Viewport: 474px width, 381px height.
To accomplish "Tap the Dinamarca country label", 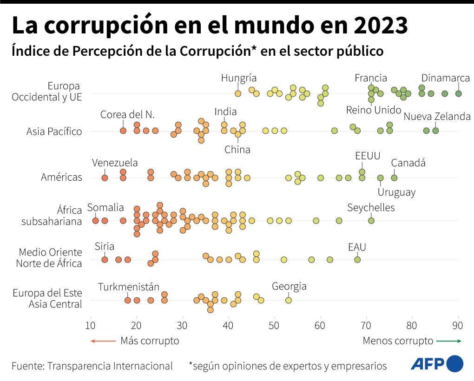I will (x=445, y=78).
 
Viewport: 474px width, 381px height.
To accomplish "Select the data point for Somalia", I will (x=95, y=221).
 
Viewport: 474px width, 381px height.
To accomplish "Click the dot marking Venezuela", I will (x=105, y=177).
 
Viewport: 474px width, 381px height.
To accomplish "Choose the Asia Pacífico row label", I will (x=54, y=131).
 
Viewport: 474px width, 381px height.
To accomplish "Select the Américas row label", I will (x=61, y=177).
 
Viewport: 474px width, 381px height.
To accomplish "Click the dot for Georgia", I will (x=288, y=300).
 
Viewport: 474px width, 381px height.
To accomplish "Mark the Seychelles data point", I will (x=371, y=221).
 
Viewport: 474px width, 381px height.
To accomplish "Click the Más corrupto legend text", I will (x=150, y=341).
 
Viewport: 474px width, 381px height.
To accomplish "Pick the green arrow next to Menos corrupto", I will (x=449, y=341).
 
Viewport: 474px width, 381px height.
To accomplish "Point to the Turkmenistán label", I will (x=129, y=287).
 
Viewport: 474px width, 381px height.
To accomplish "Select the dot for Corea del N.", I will (x=123, y=131).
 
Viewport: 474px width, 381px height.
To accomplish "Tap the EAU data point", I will (x=357, y=259).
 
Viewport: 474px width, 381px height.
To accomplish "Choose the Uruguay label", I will (x=396, y=192).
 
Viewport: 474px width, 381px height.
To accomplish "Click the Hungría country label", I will (x=239, y=78).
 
